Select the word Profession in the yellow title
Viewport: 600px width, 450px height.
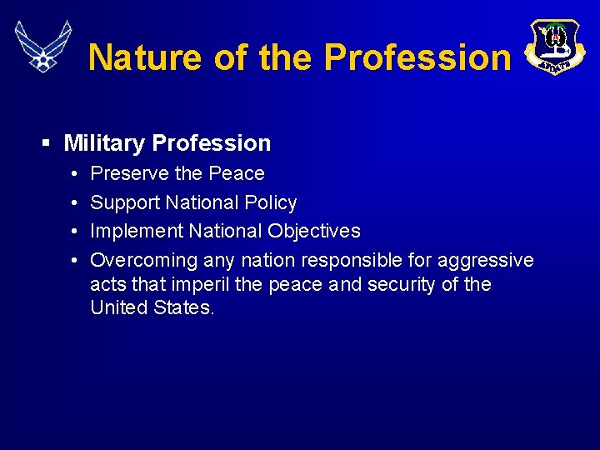(417, 57)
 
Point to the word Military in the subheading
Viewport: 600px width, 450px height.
(104, 143)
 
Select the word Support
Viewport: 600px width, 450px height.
(125, 202)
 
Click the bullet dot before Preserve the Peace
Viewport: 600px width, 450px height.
(74, 174)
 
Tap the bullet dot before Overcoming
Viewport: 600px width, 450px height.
(74, 260)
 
